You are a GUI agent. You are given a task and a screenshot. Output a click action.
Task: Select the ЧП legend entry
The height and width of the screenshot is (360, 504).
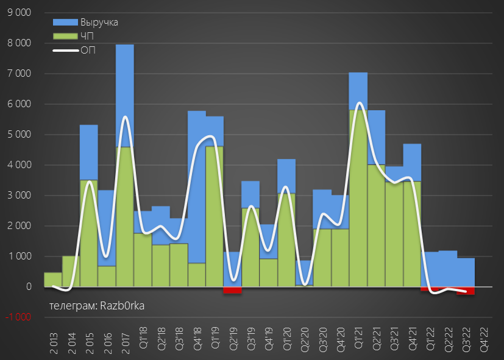(87, 37)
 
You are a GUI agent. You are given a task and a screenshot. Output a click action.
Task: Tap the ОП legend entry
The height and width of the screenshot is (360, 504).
(88, 50)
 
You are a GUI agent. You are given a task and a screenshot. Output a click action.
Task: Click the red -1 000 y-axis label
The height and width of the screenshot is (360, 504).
(19, 317)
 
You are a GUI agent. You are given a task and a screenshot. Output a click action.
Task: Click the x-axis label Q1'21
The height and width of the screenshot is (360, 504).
(358, 337)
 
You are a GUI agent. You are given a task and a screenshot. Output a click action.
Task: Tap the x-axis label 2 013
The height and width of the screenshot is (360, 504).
(54, 337)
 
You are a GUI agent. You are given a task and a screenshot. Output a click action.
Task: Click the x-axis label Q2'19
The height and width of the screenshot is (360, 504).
(233, 337)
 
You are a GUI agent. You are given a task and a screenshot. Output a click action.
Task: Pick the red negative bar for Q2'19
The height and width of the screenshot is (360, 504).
(233, 290)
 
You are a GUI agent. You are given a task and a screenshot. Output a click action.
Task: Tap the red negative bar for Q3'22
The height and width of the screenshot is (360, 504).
(466, 291)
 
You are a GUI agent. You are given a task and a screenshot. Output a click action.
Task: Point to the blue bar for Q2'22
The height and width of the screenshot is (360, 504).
(448, 269)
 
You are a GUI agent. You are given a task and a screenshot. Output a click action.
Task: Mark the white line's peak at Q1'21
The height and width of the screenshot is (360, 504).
(358, 103)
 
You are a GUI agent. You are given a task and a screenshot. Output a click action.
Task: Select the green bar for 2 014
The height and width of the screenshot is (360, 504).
(71, 271)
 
